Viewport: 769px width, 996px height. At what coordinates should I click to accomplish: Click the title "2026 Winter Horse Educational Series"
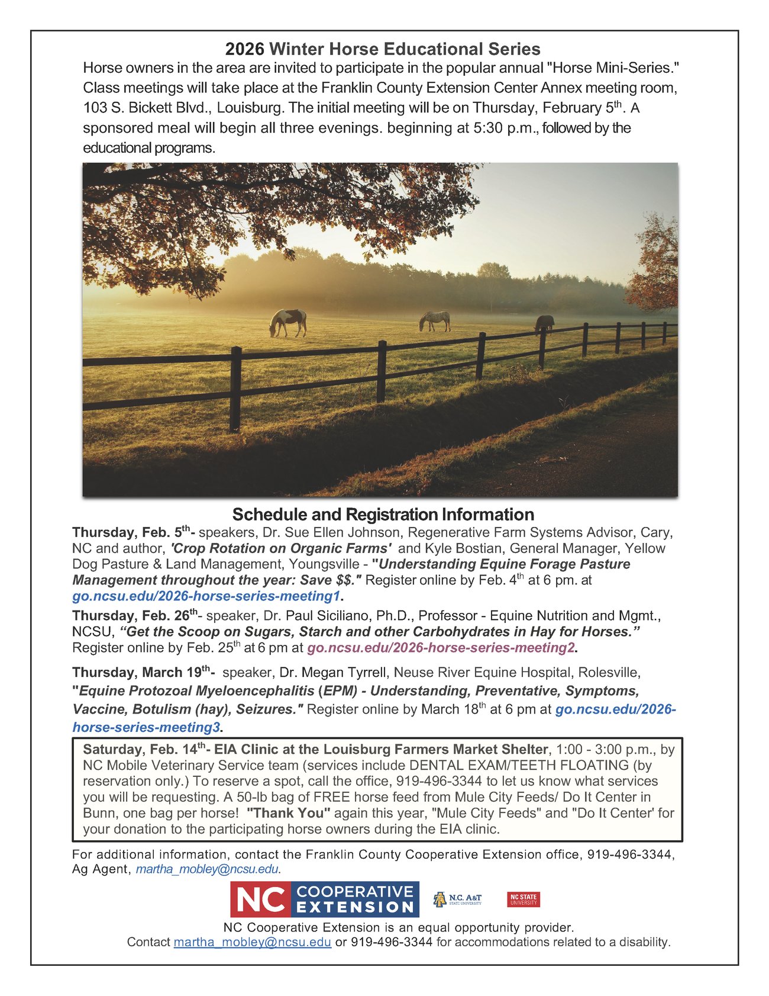383,49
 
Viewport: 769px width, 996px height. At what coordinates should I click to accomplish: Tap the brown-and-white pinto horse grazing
288,322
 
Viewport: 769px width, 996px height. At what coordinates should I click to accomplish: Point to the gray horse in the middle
435,320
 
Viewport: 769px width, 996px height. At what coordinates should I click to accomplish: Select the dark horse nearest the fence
545,323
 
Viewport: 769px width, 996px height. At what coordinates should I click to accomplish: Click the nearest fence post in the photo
235,388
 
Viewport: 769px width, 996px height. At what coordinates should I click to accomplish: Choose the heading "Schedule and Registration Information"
383,514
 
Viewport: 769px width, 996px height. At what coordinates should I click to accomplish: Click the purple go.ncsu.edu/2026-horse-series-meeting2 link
441,647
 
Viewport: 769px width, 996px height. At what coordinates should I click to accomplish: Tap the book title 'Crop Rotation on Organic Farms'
281,548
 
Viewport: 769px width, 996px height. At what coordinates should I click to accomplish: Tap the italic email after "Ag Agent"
207,869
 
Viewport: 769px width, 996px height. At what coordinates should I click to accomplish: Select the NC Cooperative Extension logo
325,899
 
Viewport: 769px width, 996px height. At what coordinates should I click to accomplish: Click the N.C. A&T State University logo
457,899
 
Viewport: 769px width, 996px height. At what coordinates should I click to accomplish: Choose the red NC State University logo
524,899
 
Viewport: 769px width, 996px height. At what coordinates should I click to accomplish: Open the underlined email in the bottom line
252,942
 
